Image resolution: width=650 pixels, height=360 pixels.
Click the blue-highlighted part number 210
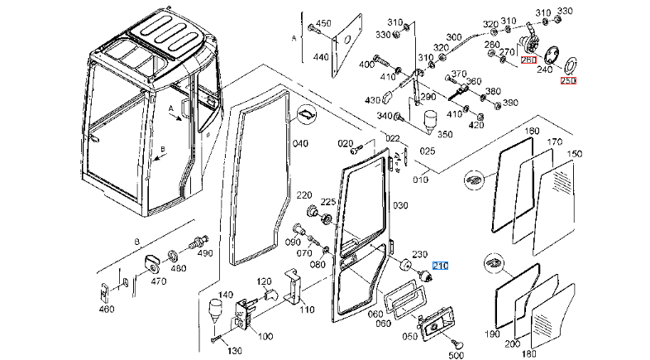[x=439, y=266]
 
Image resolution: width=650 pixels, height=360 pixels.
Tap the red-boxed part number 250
[x=568, y=80]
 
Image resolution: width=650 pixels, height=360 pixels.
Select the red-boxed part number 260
[x=528, y=60]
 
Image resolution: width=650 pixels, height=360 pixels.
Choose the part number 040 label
[x=299, y=143]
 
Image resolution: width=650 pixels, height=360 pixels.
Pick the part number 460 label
[x=106, y=310]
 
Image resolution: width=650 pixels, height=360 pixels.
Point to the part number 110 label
[x=307, y=310]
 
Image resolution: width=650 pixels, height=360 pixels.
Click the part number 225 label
[x=327, y=201]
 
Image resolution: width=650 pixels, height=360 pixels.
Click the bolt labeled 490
[x=198, y=244]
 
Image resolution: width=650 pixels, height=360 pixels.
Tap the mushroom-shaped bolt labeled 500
[x=454, y=344]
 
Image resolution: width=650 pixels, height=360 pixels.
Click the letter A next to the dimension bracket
[x=294, y=39]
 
